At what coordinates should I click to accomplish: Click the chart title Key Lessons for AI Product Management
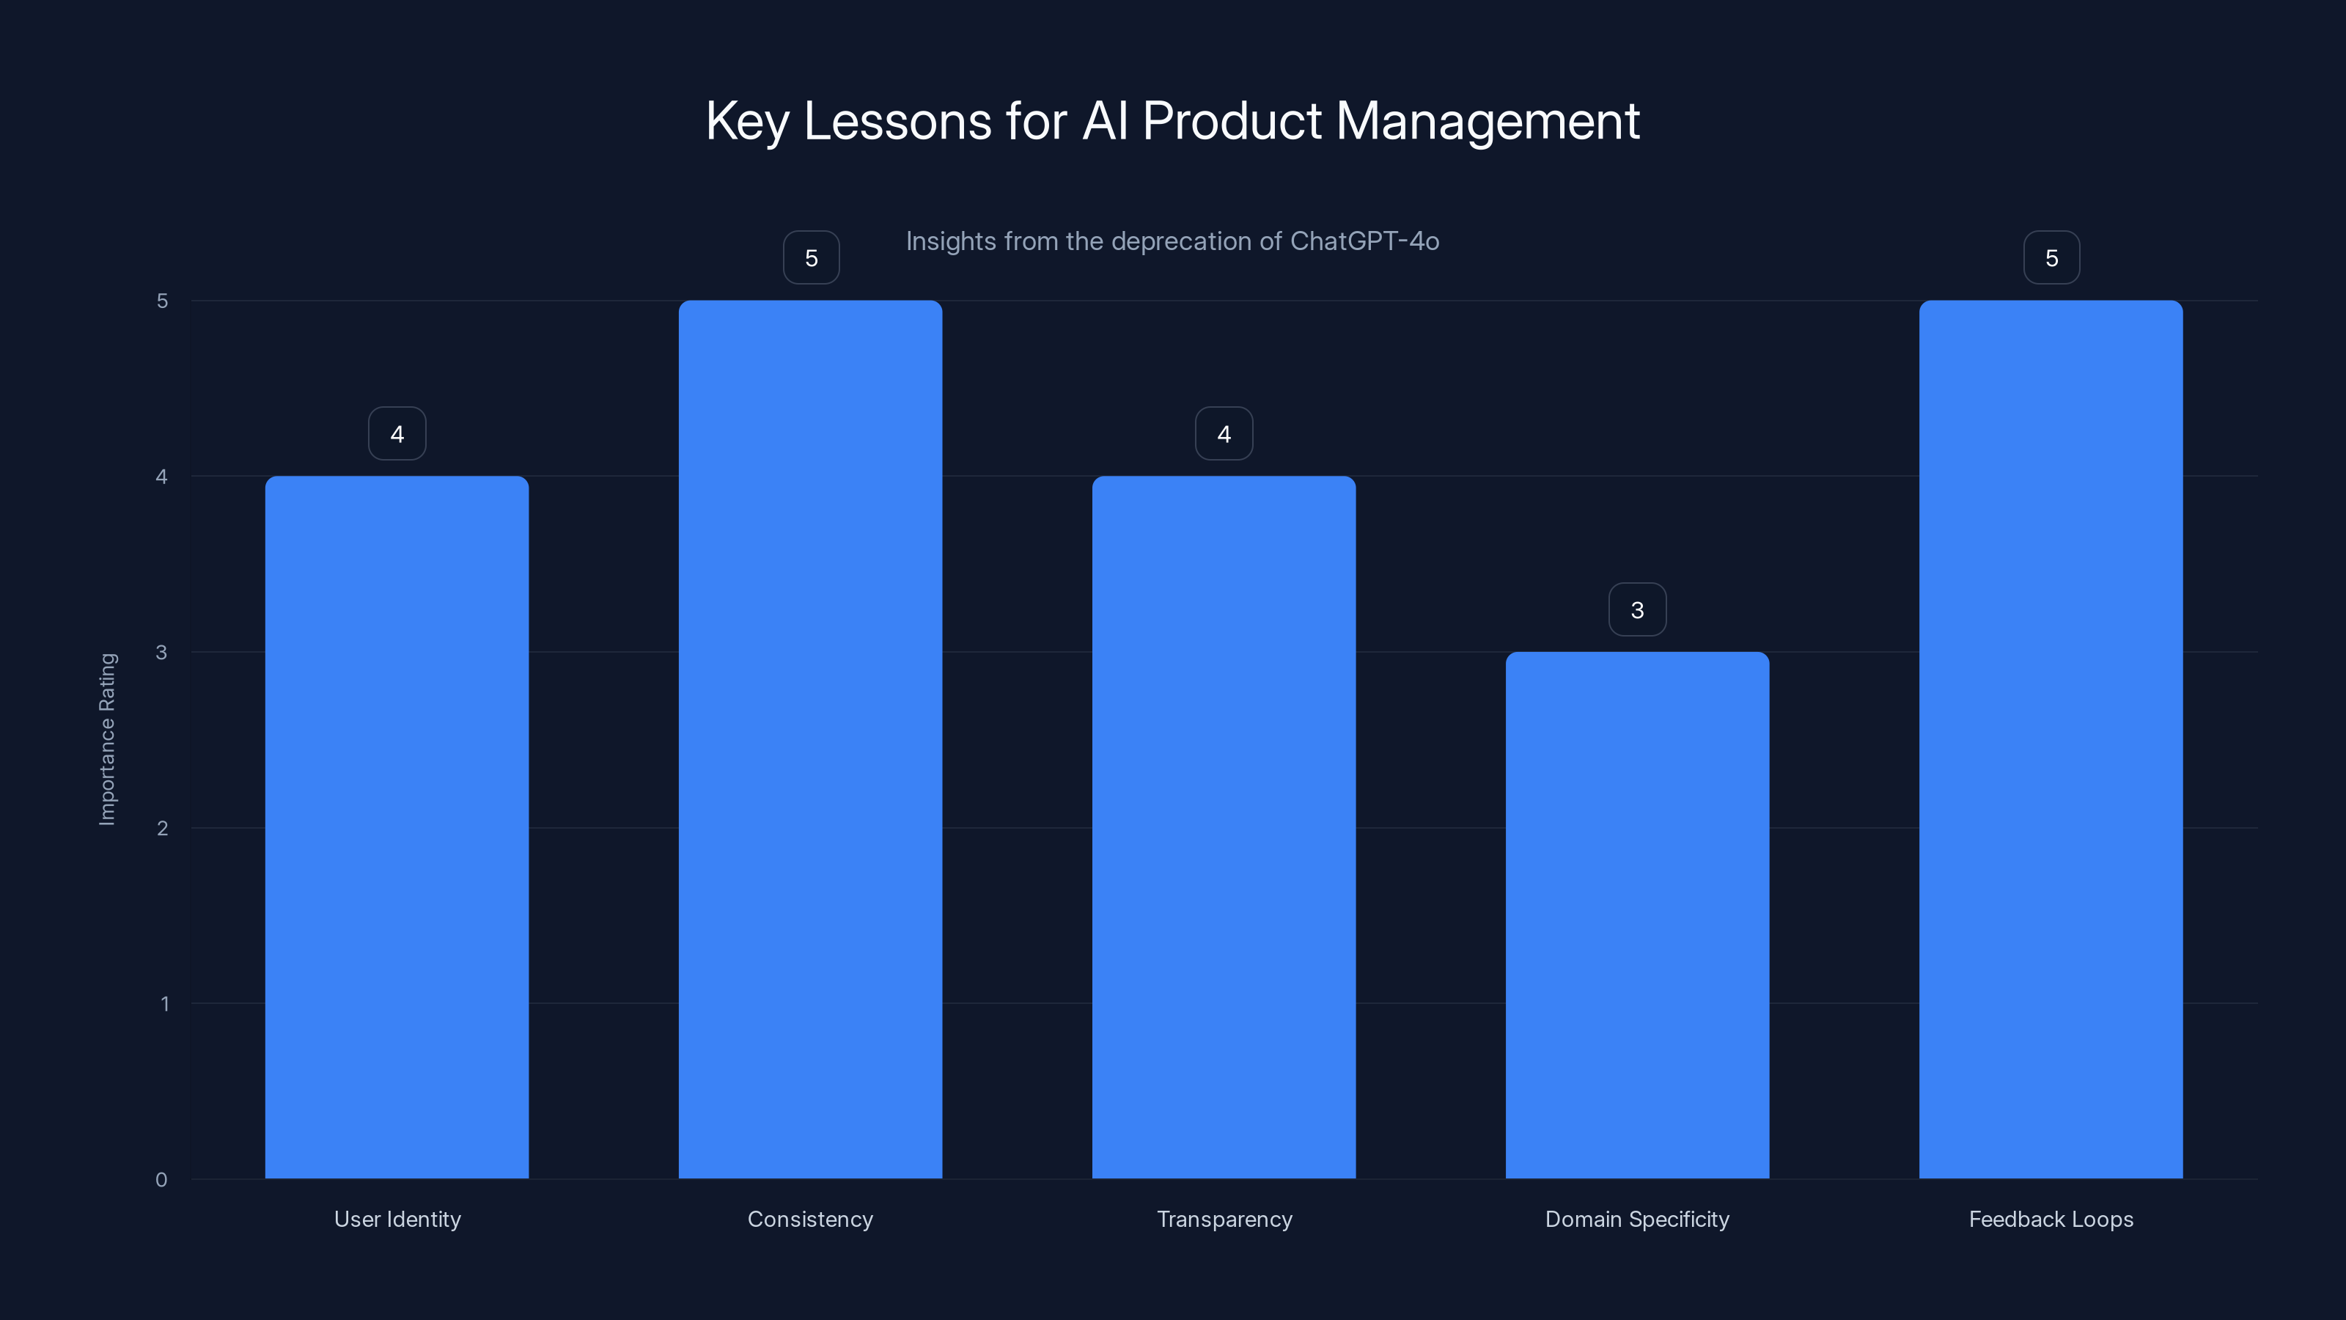(1172, 121)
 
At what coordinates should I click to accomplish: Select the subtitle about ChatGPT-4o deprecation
(1172, 241)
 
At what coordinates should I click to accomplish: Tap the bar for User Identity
(397, 827)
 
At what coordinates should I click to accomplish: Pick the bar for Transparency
(1224, 827)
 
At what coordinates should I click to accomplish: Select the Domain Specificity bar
(1638, 914)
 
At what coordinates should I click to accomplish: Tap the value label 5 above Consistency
(812, 259)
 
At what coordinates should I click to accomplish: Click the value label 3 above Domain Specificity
(1638, 610)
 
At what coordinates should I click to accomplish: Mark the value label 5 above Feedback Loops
(2052, 259)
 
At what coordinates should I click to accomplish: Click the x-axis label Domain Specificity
(1638, 1219)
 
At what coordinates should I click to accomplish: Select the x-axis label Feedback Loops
(2051, 1219)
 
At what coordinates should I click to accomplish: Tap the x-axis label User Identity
(397, 1219)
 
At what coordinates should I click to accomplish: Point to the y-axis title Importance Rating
(108, 738)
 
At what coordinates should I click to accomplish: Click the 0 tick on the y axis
(161, 1180)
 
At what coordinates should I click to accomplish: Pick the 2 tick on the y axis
(162, 828)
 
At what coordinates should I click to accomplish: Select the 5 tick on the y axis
(162, 301)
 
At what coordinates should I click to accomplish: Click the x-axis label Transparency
(1224, 1219)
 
